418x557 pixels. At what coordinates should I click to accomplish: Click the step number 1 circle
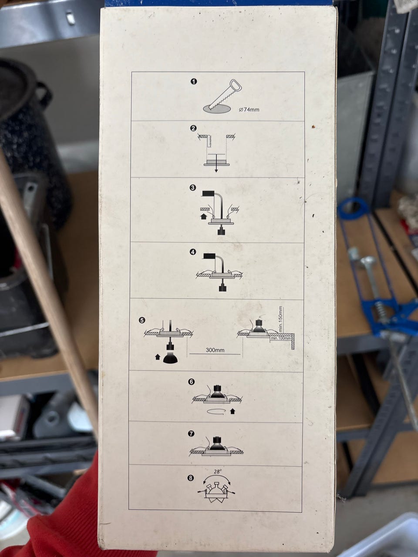point(194,81)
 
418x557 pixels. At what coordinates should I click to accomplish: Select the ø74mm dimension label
point(249,110)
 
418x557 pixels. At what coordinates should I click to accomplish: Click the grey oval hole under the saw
point(217,109)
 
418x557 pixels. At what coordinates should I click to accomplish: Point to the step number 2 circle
point(193,128)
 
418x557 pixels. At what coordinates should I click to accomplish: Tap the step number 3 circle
point(193,188)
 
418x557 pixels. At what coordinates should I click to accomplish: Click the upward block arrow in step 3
point(203,216)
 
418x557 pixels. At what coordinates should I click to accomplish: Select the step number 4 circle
point(193,252)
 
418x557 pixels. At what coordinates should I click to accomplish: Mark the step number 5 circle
point(142,321)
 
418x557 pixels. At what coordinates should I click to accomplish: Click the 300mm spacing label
point(215,350)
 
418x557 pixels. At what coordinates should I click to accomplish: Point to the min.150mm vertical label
point(281,319)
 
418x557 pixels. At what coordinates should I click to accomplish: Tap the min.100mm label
point(281,338)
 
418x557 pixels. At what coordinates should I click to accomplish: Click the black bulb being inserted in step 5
point(170,358)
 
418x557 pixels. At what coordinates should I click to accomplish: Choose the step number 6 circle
point(192,382)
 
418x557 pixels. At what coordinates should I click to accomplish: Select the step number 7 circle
point(191,433)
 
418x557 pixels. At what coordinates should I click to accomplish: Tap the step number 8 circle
point(191,478)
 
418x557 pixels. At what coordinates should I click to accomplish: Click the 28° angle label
point(218,471)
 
